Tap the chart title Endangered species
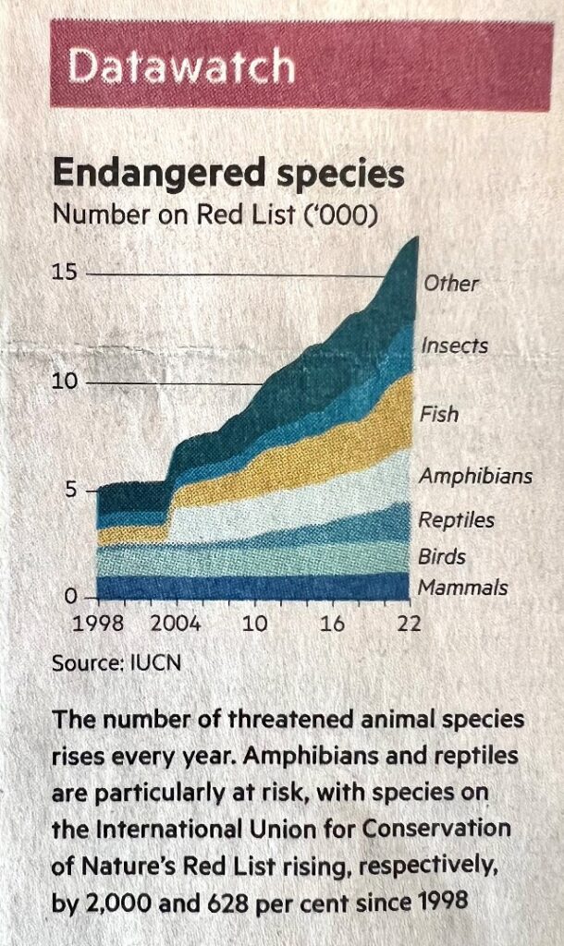pyautogui.click(x=228, y=175)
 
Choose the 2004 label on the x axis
pyautogui.click(x=176, y=624)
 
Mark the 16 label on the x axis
pyautogui.click(x=332, y=624)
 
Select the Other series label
pyautogui.click(x=451, y=283)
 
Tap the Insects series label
pyautogui.click(x=454, y=346)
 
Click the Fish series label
pyautogui.click(x=439, y=414)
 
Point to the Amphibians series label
pyautogui.click(x=475, y=477)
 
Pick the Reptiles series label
pyautogui.click(x=456, y=520)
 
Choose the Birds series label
pyautogui.click(x=441, y=557)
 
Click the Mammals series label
pyautogui.click(x=462, y=588)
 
